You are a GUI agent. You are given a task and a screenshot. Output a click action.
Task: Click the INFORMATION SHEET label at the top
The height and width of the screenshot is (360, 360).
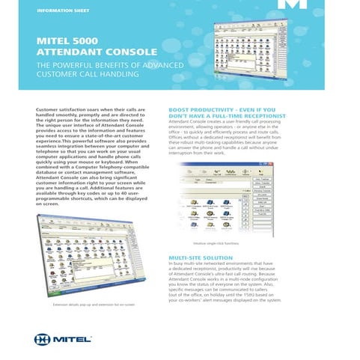tap(61, 10)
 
